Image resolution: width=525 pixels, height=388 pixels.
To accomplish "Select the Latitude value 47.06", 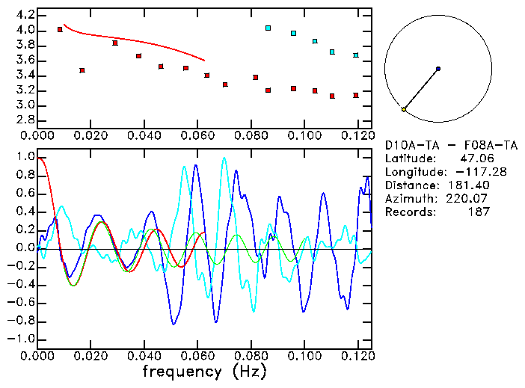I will coord(474,158).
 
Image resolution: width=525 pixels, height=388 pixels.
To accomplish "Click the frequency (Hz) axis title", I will coord(203,371).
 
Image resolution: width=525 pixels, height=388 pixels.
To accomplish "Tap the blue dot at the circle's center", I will coord(438,69).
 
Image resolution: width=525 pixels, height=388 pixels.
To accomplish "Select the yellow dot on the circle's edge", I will coord(404,110).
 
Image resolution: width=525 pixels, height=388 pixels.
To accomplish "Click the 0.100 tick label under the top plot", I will coord(303,136).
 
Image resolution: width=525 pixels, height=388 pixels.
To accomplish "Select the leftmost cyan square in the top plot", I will coord(268,28).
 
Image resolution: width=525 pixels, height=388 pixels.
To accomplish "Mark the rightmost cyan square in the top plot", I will coord(356,55).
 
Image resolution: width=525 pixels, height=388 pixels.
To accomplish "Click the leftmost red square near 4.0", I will coord(60,30).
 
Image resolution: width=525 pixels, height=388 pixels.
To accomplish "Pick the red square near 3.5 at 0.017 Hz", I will coord(82,70).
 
